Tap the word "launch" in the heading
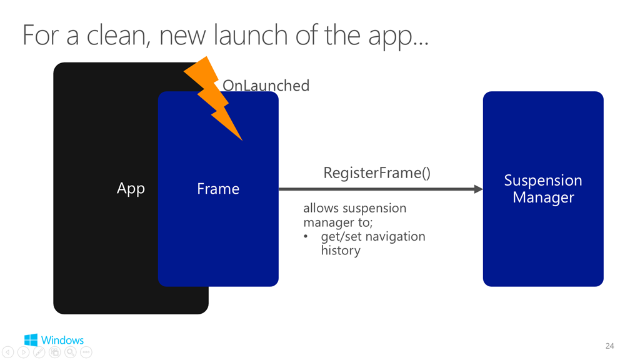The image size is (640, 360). tap(251, 35)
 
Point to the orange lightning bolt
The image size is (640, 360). tap(213, 98)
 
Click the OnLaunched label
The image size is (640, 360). tap(266, 86)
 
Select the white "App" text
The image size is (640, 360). tap(131, 189)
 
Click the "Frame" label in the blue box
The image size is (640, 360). tap(218, 189)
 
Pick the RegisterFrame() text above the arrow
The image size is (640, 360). tap(377, 173)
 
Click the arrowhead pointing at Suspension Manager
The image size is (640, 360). tap(478, 189)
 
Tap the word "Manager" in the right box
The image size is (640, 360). tap(543, 198)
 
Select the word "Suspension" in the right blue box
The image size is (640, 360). tap(543, 181)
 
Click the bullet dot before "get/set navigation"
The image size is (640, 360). tap(306, 237)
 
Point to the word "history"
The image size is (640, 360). tap(341, 250)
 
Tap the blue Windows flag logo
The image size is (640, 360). tap(31, 340)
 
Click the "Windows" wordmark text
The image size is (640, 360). tap(62, 340)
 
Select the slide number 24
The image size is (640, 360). tap(609, 346)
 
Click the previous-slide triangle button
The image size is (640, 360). tap(7, 352)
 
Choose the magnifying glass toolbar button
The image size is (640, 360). tap(70, 352)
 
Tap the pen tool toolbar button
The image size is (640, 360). tap(39, 352)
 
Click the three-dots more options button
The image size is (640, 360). tap(86, 352)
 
